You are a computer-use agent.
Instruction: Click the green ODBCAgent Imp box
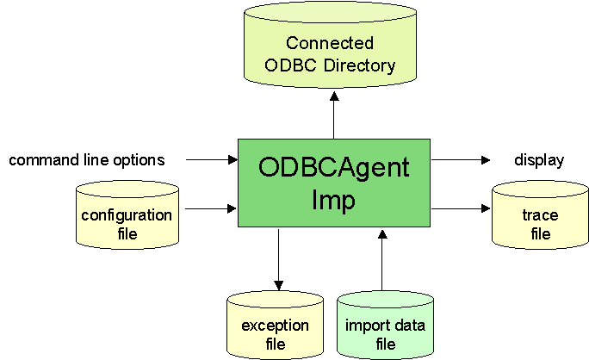coord(334,181)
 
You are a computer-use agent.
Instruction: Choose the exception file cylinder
coord(275,331)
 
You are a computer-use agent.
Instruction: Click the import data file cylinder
coord(385,331)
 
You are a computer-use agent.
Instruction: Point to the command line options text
coord(86,160)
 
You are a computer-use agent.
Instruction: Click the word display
coord(539,160)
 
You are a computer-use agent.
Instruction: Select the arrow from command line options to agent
coord(212,159)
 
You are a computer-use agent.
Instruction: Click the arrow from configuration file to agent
coord(212,208)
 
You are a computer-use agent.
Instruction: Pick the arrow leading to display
coord(460,159)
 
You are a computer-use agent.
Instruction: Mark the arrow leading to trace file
coord(460,208)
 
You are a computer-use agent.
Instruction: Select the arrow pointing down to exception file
coord(278,258)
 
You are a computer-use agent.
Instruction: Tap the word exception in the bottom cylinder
coord(275,325)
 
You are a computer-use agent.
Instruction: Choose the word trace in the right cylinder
coord(540,215)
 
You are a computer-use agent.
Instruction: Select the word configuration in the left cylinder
coord(127,214)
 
